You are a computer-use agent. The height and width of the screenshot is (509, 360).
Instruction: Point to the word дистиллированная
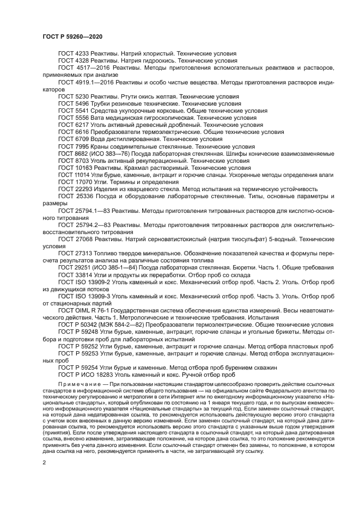point(133,139)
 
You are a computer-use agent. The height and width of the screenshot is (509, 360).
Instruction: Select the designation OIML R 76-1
point(94,309)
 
